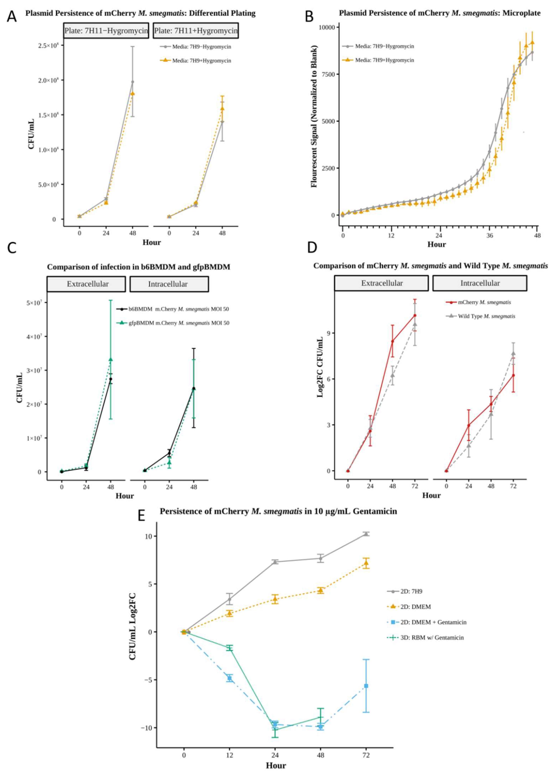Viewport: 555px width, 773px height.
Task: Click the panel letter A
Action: [x=12, y=16]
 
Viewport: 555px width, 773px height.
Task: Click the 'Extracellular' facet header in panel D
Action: [x=381, y=283]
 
